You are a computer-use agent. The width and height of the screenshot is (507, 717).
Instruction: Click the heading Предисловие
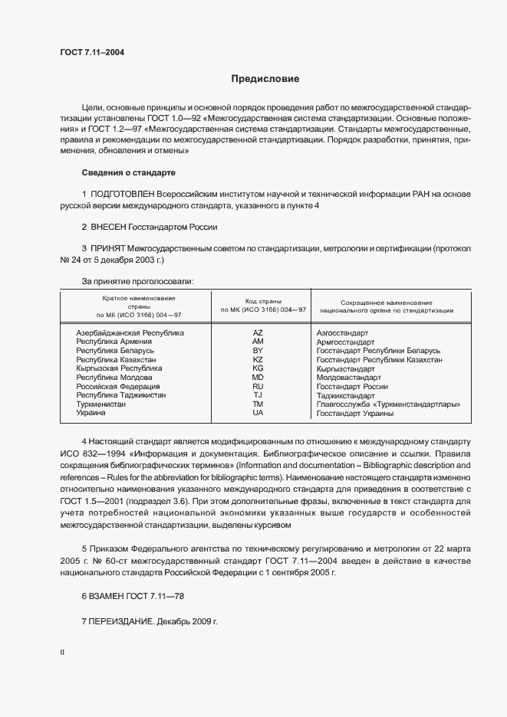tap(265, 79)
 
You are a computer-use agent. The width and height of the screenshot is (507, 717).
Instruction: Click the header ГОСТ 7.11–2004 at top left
tap(92, 53)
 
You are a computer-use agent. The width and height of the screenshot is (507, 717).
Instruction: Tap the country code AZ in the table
tap(258, 333)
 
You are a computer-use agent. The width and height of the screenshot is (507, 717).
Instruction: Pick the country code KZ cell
tap(258, 359)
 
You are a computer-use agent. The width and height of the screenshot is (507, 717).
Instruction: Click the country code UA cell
tap(258, 413)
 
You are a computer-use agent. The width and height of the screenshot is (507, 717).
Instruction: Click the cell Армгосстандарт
tap(345, 342)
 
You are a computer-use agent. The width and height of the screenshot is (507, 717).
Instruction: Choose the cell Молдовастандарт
tap(348, 378)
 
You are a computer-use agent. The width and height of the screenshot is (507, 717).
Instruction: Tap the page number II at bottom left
tap(62, 653)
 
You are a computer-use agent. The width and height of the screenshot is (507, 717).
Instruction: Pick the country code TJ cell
tap(258, 395)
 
